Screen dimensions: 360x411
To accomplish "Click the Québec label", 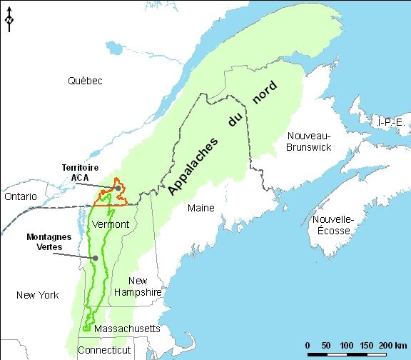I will tap(85, 81).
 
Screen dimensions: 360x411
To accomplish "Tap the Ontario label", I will tap(21, 196).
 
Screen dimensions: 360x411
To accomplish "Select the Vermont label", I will tap(111, 224).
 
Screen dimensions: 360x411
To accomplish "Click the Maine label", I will tap(201, 208).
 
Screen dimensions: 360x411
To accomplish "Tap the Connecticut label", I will tap(105, 350).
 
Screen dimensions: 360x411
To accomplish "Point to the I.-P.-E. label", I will tap(391, 122).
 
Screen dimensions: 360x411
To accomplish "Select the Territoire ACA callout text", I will tap(79, 171).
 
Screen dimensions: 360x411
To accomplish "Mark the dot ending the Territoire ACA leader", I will tap(118, 189).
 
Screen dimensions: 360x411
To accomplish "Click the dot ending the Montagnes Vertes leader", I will tap(94, 258).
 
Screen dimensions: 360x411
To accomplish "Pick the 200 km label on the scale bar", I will tap(392, 346).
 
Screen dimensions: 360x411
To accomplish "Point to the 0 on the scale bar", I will tap(308, 346).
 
